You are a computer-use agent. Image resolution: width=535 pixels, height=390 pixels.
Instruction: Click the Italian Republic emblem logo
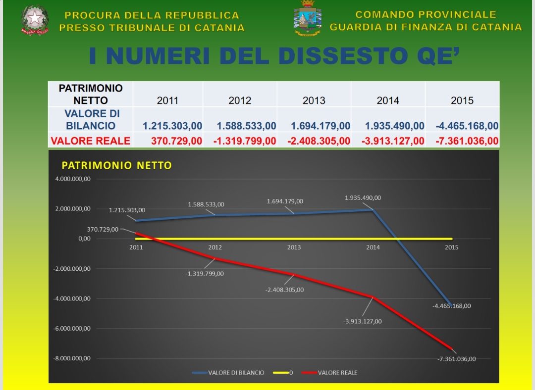pyautogui.click(x=35, y=20)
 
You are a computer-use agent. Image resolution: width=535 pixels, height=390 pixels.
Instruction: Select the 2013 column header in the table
pyautogui.click(x=314, y=100)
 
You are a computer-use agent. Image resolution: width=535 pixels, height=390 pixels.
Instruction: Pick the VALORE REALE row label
pyautogui.click(x=90, y=141)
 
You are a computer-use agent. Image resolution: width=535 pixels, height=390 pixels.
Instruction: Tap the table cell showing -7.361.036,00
pyautogui.click(x=467, y=141)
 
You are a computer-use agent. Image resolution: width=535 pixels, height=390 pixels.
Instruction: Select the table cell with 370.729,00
pyautogui.click(x=176, y=141)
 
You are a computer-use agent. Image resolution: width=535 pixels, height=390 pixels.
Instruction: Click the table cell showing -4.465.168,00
pyautogui.click(x=467, y=126)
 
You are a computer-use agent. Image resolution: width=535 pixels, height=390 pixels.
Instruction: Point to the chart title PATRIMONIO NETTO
pyautogui.click(x=116, y=165)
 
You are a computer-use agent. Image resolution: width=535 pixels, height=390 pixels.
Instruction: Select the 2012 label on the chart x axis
pyautogui.click(x=215, y=247)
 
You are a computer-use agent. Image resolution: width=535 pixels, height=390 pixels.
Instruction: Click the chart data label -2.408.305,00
pyautogui.click(x=284, y=290)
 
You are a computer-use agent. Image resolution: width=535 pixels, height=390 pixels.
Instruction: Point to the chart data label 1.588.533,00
pyautogui.click(x=206, y=204)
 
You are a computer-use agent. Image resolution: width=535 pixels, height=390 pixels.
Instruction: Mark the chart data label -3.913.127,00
pyautogui.click(x=363, y=321)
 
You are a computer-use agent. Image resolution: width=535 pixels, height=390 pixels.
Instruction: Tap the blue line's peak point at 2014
pyautogui.click(x=373, y=210)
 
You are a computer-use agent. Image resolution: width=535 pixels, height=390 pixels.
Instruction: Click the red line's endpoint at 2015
pyautogui.click(x=451, y=348)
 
